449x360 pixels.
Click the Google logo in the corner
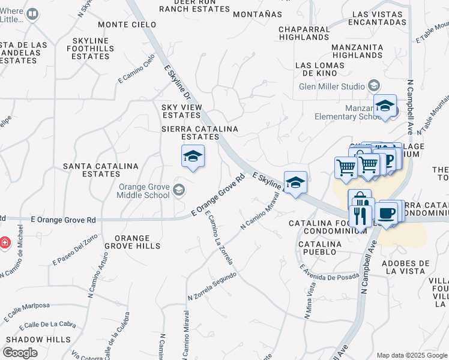click(x=20, y=352)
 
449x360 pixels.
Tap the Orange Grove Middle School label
click(x=144, y=190)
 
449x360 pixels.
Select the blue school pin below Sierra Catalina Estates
click(x=193, y=157)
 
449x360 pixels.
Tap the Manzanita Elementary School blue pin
click(x=384, y=108)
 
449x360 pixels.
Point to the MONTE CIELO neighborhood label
click(x=127, y=25)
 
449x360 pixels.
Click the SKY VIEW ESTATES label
click(x=181, y=111)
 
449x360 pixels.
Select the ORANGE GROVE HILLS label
click(x=133, y=242)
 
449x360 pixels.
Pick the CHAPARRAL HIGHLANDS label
click(x=304, y=33)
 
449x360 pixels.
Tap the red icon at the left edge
click(x=5, y=243)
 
